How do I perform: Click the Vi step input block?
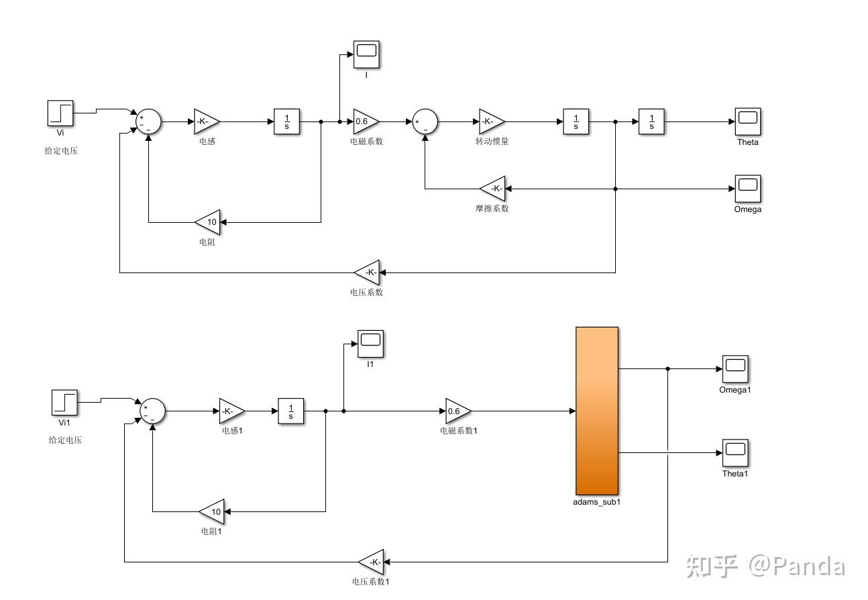[60, 113]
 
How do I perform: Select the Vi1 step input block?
[64, 403]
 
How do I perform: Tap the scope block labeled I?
[366, 54]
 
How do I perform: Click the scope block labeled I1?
[370, 344]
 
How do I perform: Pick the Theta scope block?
[747, 121]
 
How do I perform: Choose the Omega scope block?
[747, 189]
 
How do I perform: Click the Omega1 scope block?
[735, 369]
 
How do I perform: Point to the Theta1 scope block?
[735, 453]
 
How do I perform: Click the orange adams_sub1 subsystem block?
[596, 411]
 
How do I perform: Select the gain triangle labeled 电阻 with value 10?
[209, 222]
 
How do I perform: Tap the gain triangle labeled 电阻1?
[213, 511]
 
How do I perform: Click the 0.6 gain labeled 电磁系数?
[365, 121]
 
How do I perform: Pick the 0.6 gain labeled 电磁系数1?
[457, 411]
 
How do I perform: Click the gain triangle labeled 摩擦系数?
[494, 189]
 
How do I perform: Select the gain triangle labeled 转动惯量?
[490, 121]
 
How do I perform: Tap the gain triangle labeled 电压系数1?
[372, 562]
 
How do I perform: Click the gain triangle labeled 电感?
[205, 121]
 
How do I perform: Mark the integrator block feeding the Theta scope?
[651, 121]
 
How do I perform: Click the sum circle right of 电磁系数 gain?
[425, 121]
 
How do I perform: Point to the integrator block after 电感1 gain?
[291, 411]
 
